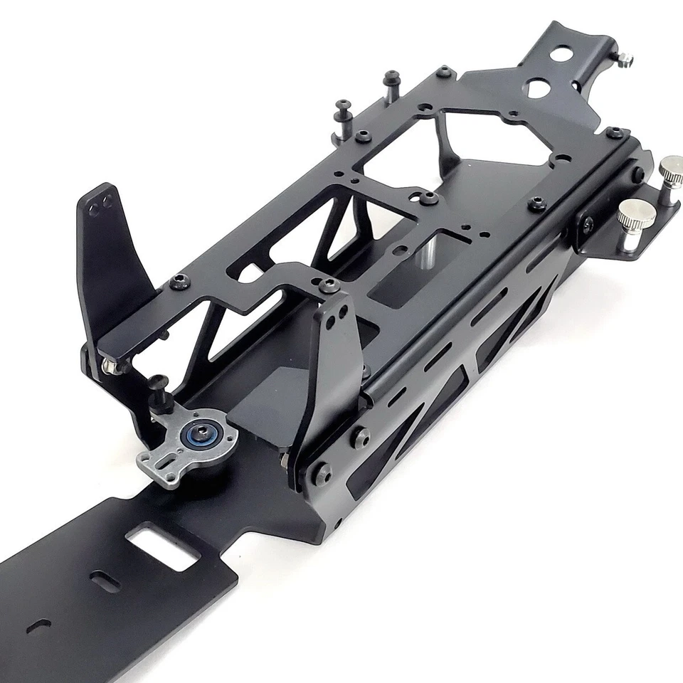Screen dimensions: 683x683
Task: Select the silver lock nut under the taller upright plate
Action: click(x=111, y=366)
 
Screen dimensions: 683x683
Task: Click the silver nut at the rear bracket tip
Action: click(x=625, y=61)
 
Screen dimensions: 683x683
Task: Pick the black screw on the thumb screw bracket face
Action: click(x=588, y=226)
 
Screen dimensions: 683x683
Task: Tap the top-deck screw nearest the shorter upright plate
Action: click(x=329, y=287)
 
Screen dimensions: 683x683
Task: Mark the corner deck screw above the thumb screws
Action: click(x=614, y=133)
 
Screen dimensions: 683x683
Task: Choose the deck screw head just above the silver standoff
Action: click(x=428, y=198)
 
